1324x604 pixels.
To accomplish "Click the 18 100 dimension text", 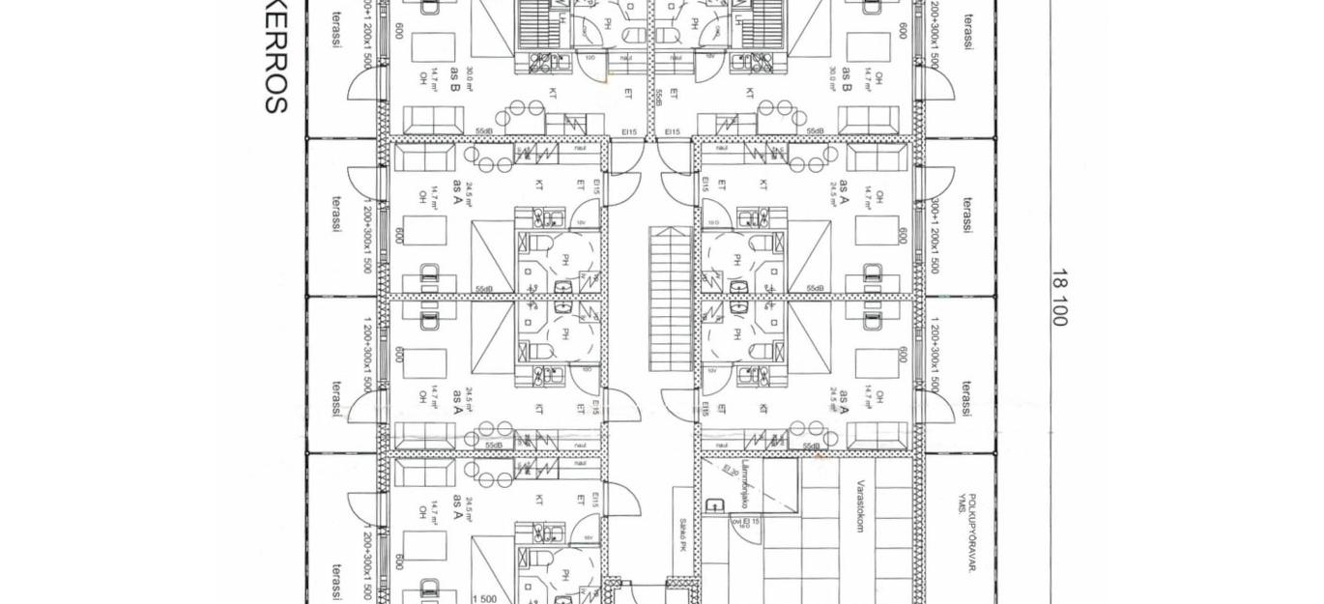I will coord(1058,298).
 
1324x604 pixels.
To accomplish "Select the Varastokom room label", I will coord(858,507).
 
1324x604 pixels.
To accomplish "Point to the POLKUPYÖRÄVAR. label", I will coord(971,532).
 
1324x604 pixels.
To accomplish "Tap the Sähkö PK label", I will coord(682,534).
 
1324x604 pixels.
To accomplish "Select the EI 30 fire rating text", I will coord(731,472).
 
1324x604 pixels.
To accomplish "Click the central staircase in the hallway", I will coord(670,299).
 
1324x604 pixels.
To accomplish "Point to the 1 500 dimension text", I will coord(484,599).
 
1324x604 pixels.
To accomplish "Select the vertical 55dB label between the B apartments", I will coord(659,97).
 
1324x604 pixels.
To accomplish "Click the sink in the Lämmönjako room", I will coord(714,505).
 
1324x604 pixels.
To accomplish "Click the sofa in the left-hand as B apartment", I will coord(433,121).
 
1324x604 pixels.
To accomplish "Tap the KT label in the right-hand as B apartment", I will coord(750,94).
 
